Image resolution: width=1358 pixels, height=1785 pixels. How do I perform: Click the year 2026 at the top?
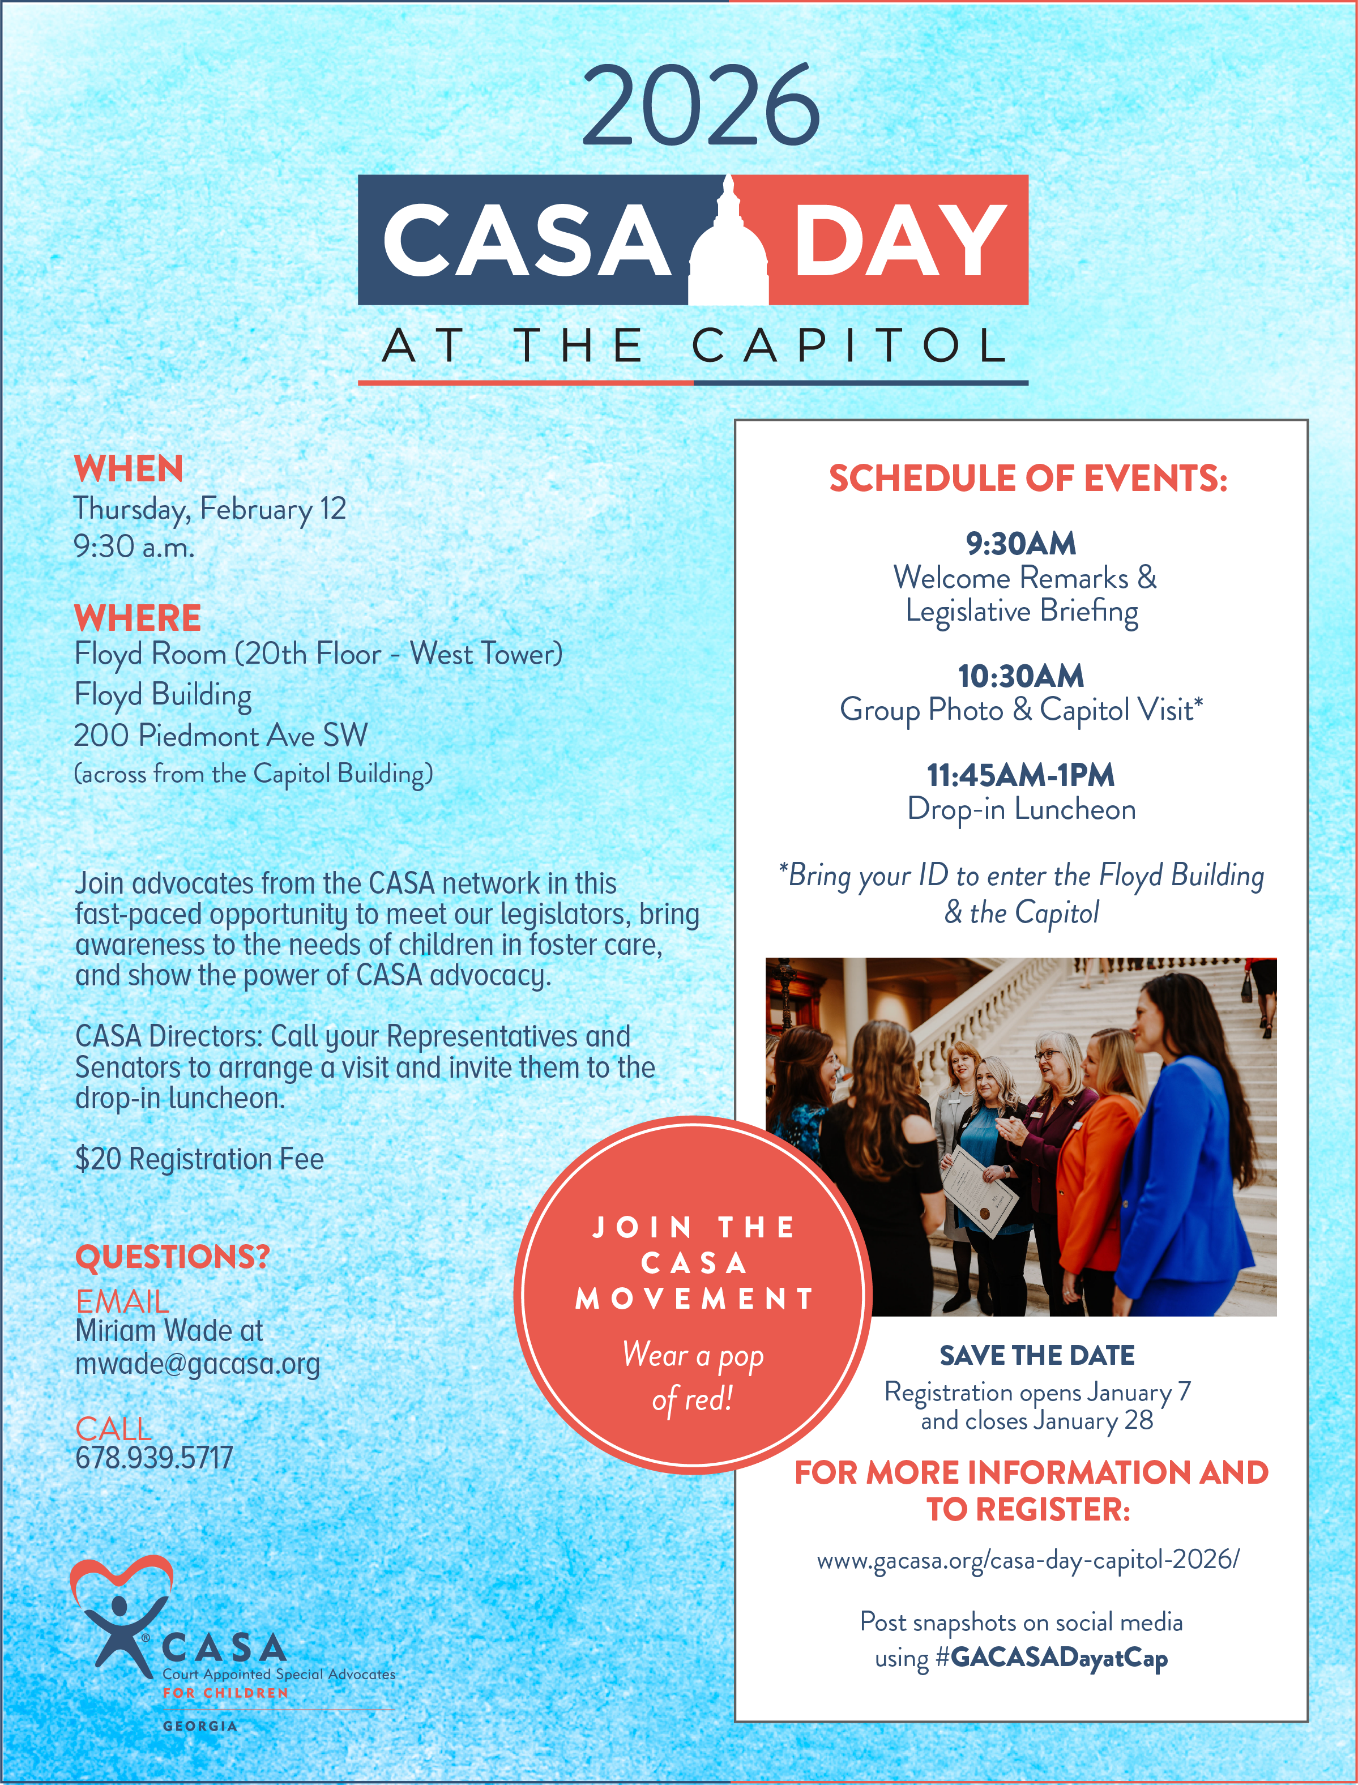(701, 106)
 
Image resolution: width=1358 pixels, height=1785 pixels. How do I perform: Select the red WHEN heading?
(129, 469)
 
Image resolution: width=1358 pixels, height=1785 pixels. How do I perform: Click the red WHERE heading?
(138, 618)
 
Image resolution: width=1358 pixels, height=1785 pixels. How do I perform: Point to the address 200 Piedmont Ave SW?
(221, 735)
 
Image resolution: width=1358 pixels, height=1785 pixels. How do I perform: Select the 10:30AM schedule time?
(1021, 676)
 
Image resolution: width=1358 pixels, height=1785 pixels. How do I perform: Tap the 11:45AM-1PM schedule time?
(1021, 775)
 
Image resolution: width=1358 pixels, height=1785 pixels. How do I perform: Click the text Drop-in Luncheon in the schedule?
(1021, 809)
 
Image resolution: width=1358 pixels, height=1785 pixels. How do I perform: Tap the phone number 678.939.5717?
(153, 1458)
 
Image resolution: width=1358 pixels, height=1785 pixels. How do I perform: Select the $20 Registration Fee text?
(199, 1159)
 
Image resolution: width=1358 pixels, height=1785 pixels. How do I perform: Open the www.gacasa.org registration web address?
(1027, 1560)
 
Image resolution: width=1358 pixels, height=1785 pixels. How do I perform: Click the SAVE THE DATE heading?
(1036, 1356)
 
